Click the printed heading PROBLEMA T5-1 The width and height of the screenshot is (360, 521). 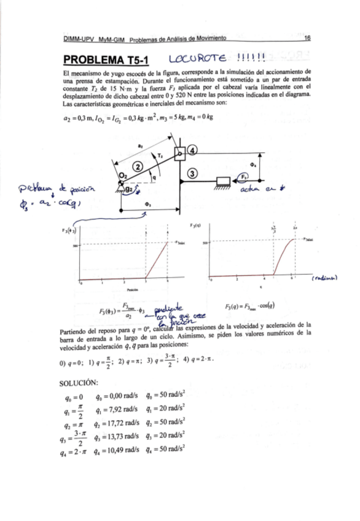pos(101,61)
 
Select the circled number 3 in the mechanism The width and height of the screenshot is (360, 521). pos(192,174)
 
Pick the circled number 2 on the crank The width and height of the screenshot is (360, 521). pos(139,166)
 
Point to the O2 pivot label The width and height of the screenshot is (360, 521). pos(122,176)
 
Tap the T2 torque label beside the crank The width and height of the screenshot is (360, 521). pos(162,157)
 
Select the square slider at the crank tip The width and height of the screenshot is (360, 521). pos(179,153)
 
